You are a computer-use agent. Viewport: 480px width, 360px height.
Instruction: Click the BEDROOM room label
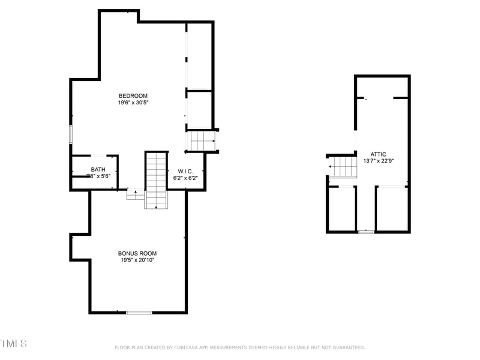coord(133,96)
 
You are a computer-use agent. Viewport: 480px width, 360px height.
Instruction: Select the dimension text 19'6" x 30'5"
coord(133,103)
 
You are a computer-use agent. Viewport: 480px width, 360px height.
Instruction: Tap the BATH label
coord(98,170)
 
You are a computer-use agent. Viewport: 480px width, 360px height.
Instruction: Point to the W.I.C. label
coord(185,171)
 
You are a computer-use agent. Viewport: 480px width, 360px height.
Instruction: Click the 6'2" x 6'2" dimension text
coord(185,178)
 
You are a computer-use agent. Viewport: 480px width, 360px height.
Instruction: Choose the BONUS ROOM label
coord(137,253)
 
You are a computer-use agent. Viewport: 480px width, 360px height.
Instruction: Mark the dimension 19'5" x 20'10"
coord(137,260)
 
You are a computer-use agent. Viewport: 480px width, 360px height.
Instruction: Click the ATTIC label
coord(378,154)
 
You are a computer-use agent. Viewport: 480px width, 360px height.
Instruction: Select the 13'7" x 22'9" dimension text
coord(378,161)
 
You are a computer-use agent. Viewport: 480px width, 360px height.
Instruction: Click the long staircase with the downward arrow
coord(156,180)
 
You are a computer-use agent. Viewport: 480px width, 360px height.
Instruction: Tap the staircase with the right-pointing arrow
coord(202,141)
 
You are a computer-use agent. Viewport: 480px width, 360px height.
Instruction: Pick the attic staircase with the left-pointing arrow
coord(343,166)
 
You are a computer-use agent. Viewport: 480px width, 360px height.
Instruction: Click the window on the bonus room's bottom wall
coord(139,312)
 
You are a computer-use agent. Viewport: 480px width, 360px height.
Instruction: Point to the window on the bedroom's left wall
coord(71,134)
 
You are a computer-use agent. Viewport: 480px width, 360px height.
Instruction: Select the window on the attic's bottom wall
coord(366,232)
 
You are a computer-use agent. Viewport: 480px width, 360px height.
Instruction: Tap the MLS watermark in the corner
coord(13,344)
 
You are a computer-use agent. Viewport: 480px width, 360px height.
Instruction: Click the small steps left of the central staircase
coord(136,194)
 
